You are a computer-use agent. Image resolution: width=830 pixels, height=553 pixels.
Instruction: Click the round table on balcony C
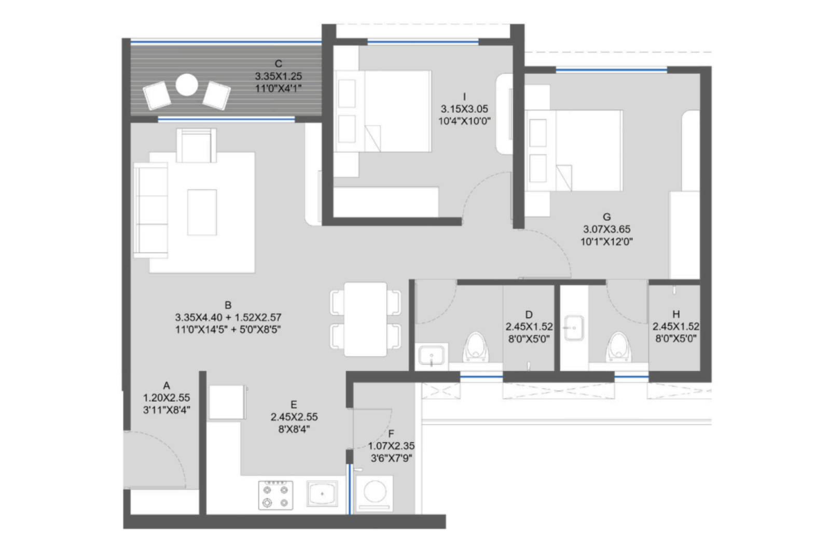click(x=186, y=86)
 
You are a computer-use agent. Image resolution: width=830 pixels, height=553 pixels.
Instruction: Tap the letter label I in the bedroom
click(x=464, y=96)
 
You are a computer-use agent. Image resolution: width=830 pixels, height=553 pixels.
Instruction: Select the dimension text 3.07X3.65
click(x=606, y=229)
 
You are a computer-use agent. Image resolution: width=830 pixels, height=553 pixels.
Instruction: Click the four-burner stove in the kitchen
click(x=275, y=495)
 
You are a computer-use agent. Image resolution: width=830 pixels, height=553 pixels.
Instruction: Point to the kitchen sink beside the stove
click(x=322, y=494)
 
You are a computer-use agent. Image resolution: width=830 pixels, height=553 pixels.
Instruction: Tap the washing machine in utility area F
click(x=375, y=493)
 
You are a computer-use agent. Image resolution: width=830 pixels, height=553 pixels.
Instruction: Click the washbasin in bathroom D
click(x=432, y=357)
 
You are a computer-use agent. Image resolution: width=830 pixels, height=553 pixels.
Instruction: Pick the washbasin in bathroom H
click(x=574, y=328)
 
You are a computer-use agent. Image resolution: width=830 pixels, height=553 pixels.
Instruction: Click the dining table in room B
click(x=365, y=318)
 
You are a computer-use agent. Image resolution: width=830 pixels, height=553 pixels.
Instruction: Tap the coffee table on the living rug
click(x=202, y=212)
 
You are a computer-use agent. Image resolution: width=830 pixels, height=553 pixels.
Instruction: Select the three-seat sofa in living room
click(x=150, y=210)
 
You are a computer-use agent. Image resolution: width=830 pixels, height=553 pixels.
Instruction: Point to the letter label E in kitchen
click(x=294, y=405)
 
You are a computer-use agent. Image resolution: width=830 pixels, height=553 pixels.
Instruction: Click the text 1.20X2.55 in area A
click(x=167, y=398)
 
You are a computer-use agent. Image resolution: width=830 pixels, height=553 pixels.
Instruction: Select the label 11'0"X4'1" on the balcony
click(x=278, y=89)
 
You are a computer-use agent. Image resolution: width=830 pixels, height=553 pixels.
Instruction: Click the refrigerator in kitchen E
click(x=227, y=402)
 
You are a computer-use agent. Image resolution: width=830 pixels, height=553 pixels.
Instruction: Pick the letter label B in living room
click(x=228, y=305)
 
